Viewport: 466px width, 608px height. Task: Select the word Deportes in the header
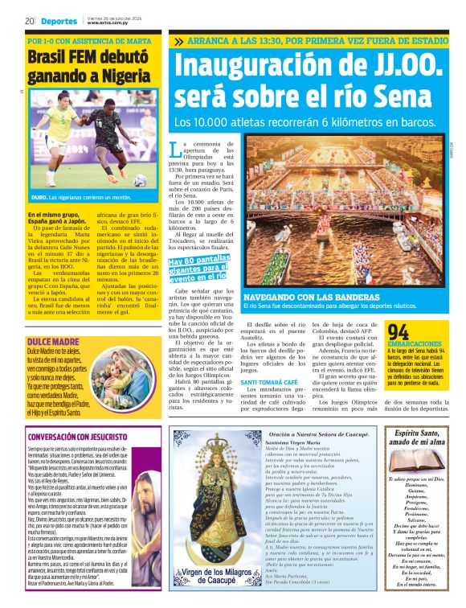coord(60,21)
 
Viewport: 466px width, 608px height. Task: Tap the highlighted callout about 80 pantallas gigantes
coord(198,269)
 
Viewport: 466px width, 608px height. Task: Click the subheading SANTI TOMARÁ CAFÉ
coord(270,381)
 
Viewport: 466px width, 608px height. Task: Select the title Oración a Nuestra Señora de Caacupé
coord(319,433)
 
